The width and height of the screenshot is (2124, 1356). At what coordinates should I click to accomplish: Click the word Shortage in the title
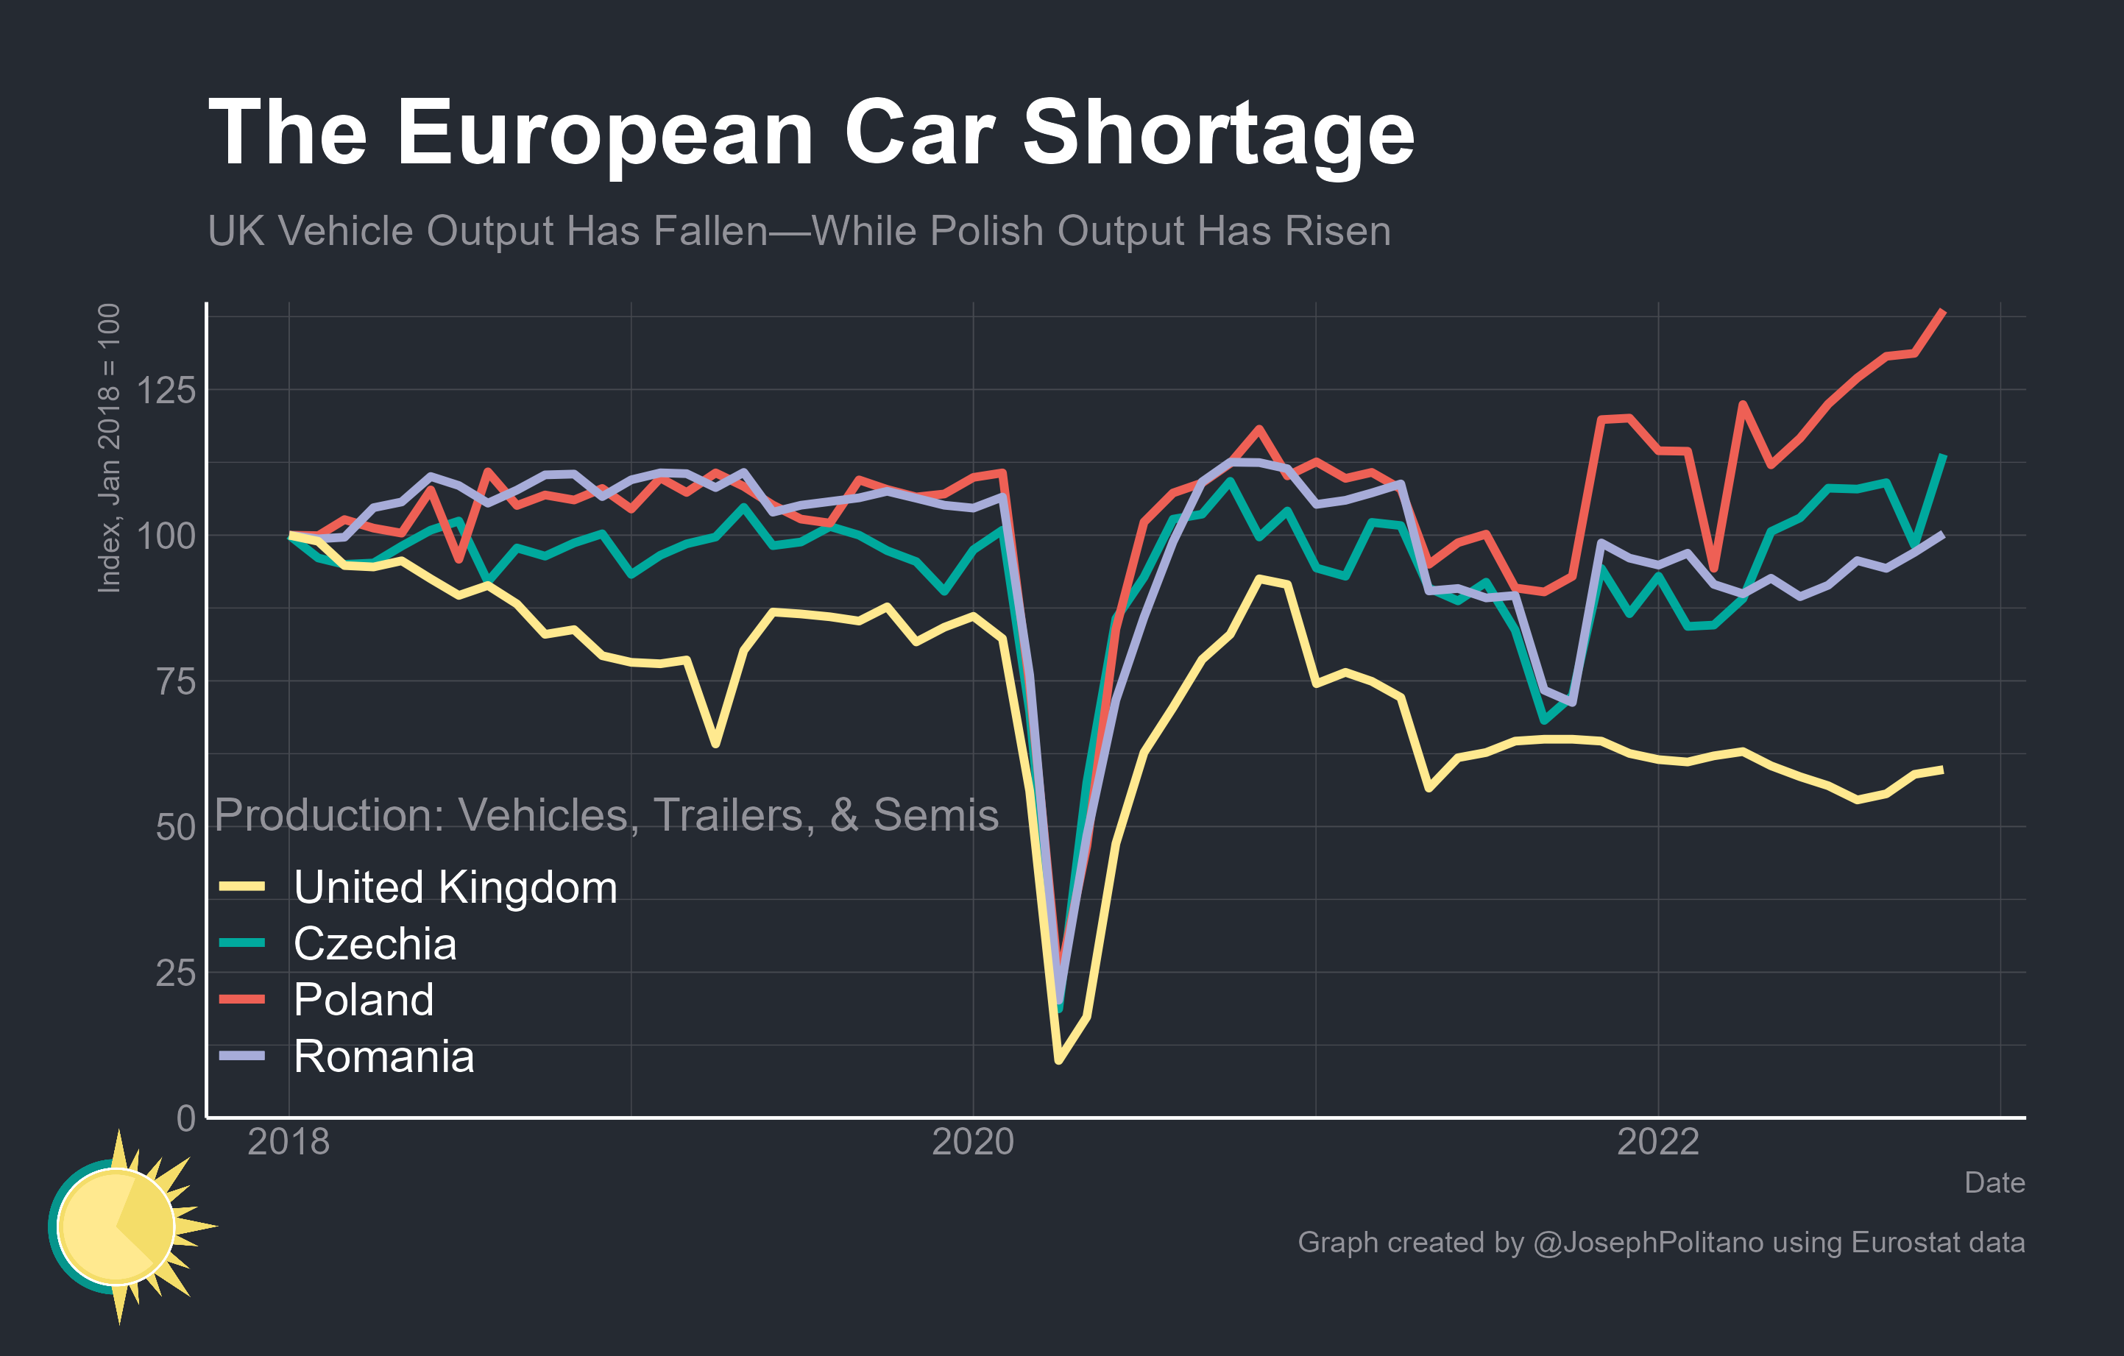click(x=1217, y=134)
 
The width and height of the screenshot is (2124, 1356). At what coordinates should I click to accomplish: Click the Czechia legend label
click(x=375, y=944)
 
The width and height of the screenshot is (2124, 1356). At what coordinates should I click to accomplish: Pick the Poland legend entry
click(x=364, y=1000)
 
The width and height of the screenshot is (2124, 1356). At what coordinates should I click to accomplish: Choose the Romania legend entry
click(x=383, y=1057)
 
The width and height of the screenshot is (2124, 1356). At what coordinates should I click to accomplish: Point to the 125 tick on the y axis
click(x=166, y=390)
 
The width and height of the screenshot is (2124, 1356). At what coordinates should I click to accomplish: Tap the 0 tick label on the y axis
click(x=185, y=1118)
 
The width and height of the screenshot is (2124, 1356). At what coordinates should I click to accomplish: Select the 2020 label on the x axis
click(x=973, y=1143)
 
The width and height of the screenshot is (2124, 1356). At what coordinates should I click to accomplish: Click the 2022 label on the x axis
click(x=1657, y=1143)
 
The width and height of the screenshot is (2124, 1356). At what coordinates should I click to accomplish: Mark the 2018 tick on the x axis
click(x=288, y=1143)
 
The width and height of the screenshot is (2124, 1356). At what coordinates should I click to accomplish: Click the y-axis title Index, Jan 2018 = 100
click(x=108, y=448)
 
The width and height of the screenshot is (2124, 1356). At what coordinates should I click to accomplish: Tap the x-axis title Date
click(x=1994, y=1183)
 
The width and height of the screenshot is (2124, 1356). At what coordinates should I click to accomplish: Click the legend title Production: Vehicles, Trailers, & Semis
click(x=606, y=814)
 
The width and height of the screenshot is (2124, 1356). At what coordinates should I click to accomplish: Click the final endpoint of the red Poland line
click(x=1943, y=311)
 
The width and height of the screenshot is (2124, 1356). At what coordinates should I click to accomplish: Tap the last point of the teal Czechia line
click(x=1943, y=456)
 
